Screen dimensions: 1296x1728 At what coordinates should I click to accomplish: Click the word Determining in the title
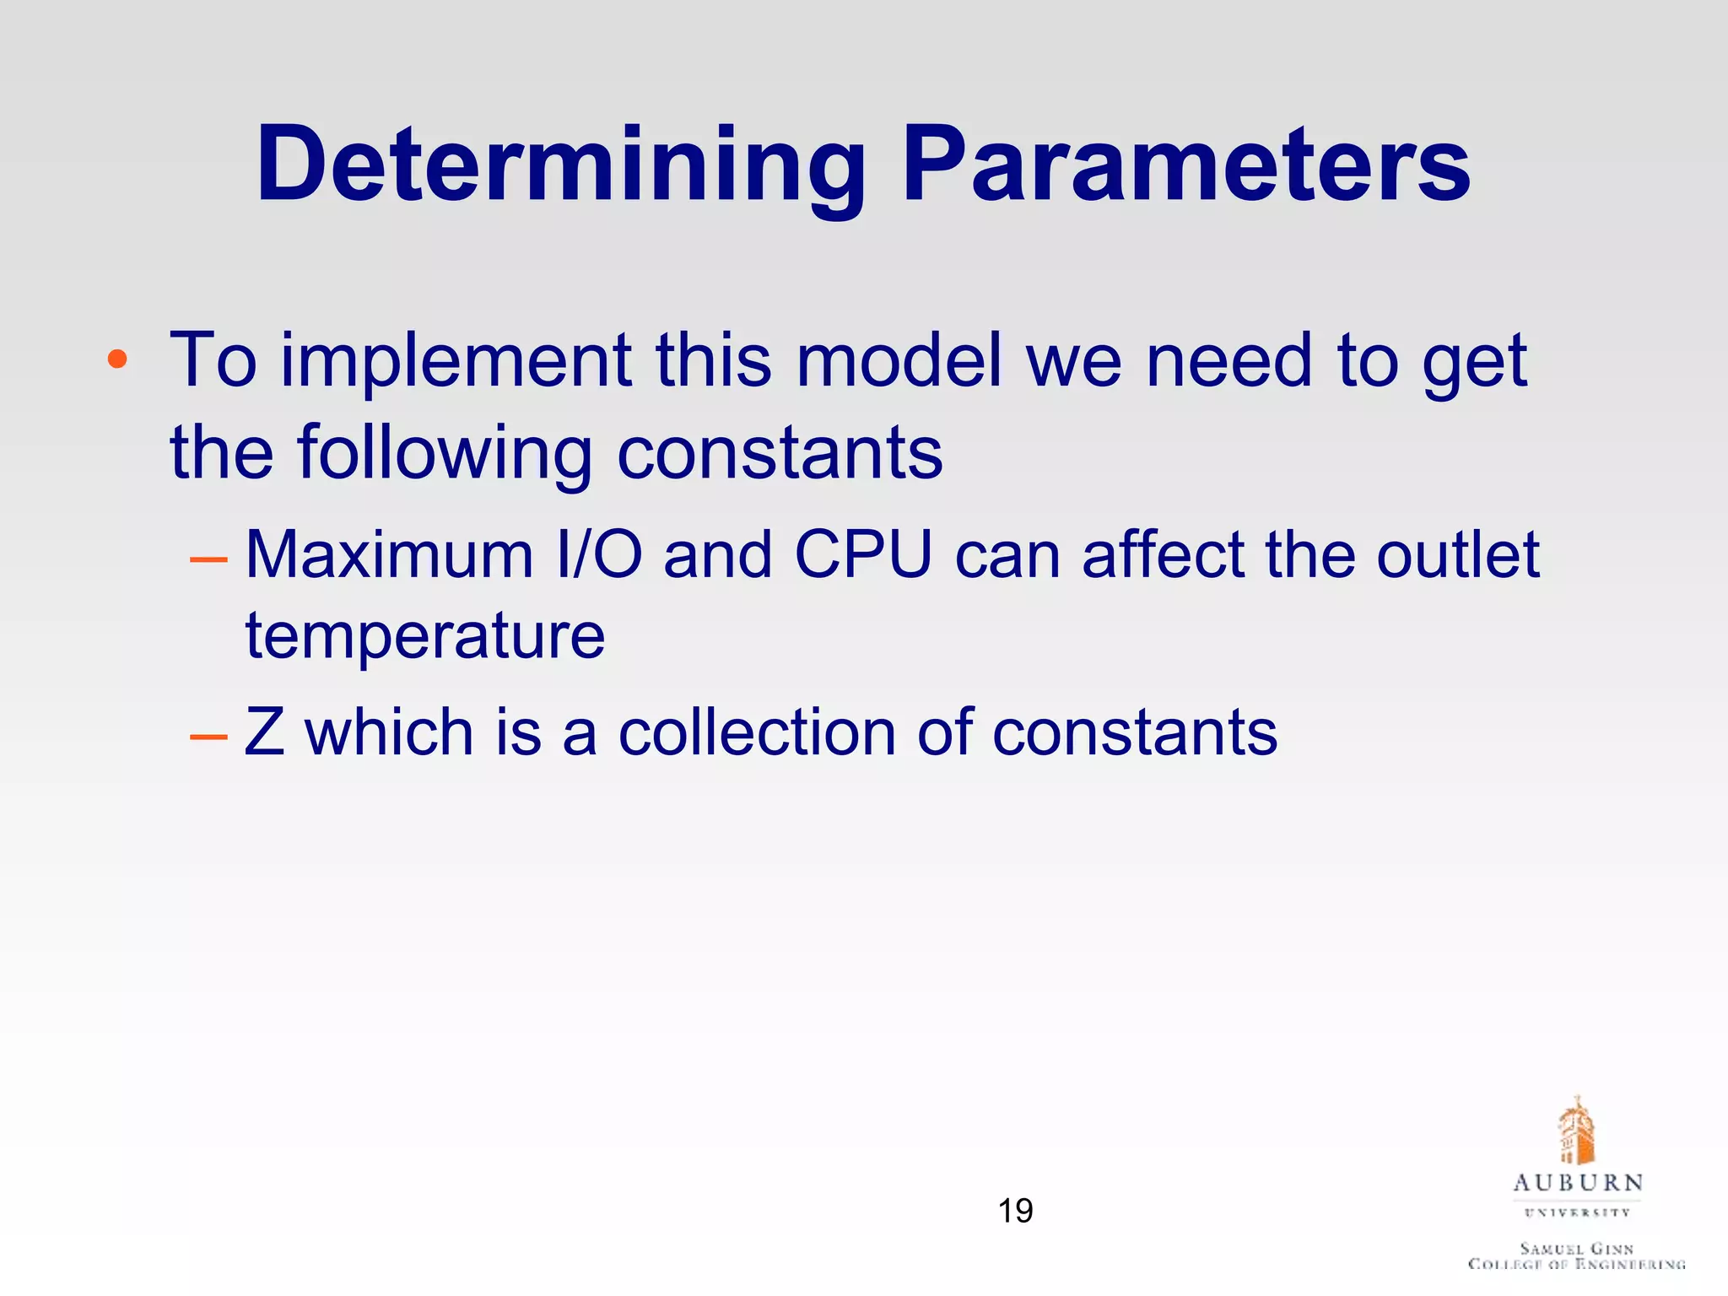561,165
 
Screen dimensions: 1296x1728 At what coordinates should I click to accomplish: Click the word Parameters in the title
1186,165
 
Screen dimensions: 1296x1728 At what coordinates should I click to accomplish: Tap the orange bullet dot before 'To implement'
117,360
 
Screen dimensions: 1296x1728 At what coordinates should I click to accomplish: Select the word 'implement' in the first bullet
456,361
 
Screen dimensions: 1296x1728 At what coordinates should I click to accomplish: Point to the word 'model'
899,361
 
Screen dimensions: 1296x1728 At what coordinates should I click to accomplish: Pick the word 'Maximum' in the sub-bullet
389,556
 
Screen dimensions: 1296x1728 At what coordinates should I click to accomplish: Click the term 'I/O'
599,556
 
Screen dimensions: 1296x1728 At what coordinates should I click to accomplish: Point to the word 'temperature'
424,636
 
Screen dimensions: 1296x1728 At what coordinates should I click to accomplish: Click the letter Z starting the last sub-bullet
264,732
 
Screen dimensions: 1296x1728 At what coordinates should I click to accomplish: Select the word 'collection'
757,732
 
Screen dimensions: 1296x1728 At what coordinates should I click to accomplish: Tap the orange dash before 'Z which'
208,736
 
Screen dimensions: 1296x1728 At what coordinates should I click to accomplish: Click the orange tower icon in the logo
1576,1131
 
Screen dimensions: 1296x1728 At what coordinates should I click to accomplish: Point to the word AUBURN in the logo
1578,1183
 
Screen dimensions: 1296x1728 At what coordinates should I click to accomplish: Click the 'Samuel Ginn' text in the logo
1576,1248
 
